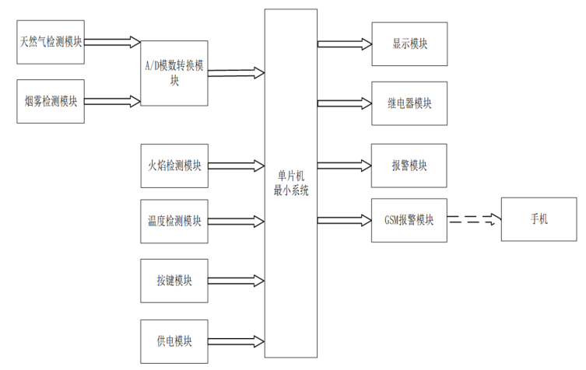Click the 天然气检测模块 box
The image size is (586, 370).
pyautogui.click(x=51, y=42)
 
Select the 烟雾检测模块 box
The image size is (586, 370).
pyautogui.click(x=51, y=101)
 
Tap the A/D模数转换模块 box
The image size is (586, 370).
pyautogui.click(x=174, y=73)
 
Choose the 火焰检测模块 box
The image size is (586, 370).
pyautogui.click(x=174, y=166)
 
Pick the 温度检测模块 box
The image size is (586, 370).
pyautogui.click(x=174, y=222)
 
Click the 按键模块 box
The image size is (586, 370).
pyautogui.click(x=174, y=281)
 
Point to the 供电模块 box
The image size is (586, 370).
pyautogui.click(x=174, y=341)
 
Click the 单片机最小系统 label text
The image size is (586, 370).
pyautogui.click(x=291, y=183)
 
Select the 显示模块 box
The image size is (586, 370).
pyautogui.click(x=409, y=44)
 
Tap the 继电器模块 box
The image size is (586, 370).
pyautogui.click(x=409, y=103)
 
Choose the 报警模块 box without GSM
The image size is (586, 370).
pyautogui.click(x=409, y=166)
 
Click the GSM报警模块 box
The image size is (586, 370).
pyautogui.click(x=409, y=220)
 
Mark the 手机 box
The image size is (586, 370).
pyautogui.click(x=539, y=219)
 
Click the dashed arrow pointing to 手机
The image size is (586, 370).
pyautogui.click(x=474, y=219)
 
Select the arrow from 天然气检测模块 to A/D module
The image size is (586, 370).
pyautogui.click(x=113, y=42)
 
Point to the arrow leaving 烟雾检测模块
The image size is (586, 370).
pyautogui.click(x=113, y=101)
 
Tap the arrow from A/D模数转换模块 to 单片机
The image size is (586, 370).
pyautogui.click(x=237, y=73)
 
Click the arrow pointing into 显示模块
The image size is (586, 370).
pyautogui.click(x=345, y=44)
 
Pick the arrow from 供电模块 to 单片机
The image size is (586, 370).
pyautogui.click(x=237, y=341)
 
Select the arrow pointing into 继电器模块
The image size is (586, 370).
pyautogui.click(x=345, y=103)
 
